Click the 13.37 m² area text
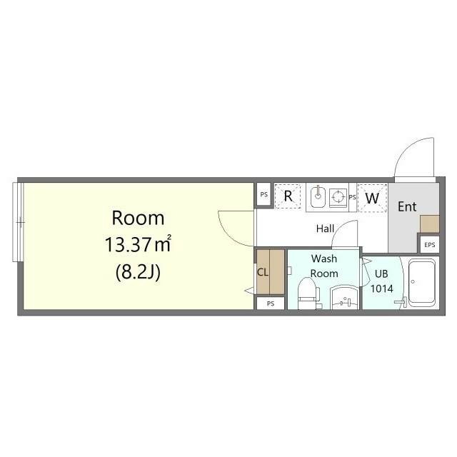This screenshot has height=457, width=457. coord(138,244)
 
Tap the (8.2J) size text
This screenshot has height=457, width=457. coord(138,273)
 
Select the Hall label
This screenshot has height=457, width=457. coord(325,228)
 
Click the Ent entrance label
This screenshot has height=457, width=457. coord(407,206)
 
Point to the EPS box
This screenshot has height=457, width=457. coord(430,245)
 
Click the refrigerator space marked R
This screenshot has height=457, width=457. coord(288,196)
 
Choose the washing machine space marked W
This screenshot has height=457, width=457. coord(372,198)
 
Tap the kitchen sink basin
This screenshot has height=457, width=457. coord(318,196)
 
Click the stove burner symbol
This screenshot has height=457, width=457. coord(338,196)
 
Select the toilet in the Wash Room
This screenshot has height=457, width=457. coord(309,293)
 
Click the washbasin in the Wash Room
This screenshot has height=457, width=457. coord(344,298)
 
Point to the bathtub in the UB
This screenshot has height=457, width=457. coord(422,283)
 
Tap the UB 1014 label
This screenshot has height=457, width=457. coord(381,281)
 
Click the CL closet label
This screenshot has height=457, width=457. coord(262,273)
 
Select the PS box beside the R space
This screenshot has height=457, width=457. coord(264,194)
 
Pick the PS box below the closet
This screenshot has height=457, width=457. coord(271,303)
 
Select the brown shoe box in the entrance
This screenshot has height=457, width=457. coord(430,224)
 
